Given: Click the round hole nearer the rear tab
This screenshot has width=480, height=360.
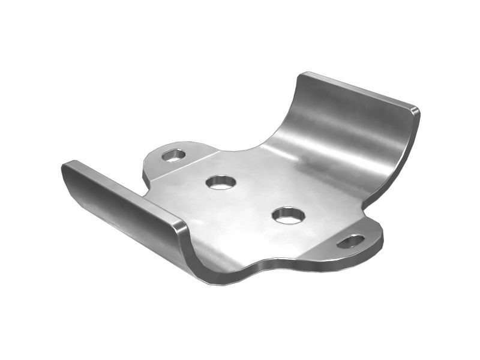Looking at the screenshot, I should coord(221,182).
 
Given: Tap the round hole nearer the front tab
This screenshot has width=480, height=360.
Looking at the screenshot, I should coord(289,215).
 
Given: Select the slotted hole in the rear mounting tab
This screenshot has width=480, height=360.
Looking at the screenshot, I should coord(173,155).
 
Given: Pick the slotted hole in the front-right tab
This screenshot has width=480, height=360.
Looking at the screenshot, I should coord(351,241).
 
